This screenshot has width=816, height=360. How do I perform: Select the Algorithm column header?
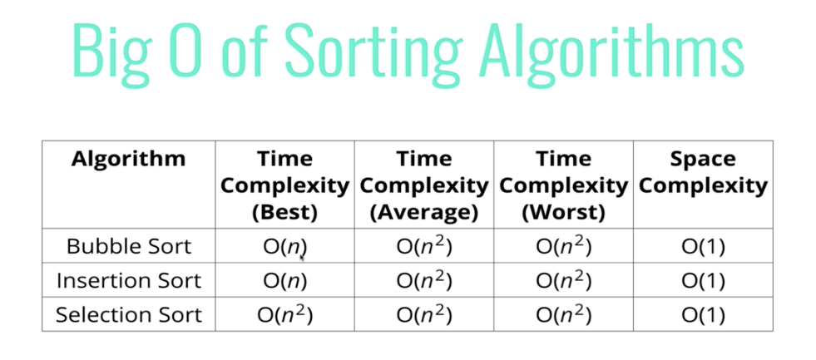pos(128,158)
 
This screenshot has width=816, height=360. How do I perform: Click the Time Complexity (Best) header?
pos(284,185)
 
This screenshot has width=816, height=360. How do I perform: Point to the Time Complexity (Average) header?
pos(424,185)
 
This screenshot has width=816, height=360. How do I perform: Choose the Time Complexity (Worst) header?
pos(563,185)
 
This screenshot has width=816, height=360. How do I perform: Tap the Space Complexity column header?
pos(703,171)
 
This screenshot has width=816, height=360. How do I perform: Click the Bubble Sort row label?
pos(128,246)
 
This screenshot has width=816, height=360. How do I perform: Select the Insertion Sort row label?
pos(128,281)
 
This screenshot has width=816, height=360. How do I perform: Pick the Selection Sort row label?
pos(128,315)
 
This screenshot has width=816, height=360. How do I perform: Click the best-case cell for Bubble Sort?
pos(284,246)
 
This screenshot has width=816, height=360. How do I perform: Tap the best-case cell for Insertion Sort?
pos(284,281)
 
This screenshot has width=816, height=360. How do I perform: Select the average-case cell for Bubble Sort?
pos(424,246)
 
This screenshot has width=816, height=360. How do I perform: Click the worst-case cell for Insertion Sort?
pos(563,281)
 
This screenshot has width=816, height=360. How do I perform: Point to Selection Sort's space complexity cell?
pos(703,315)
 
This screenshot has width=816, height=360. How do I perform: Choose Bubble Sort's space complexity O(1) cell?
pos(703,246)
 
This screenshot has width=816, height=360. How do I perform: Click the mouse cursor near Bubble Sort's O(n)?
pos(302,259)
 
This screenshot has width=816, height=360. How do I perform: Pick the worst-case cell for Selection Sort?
pos(563,315)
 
